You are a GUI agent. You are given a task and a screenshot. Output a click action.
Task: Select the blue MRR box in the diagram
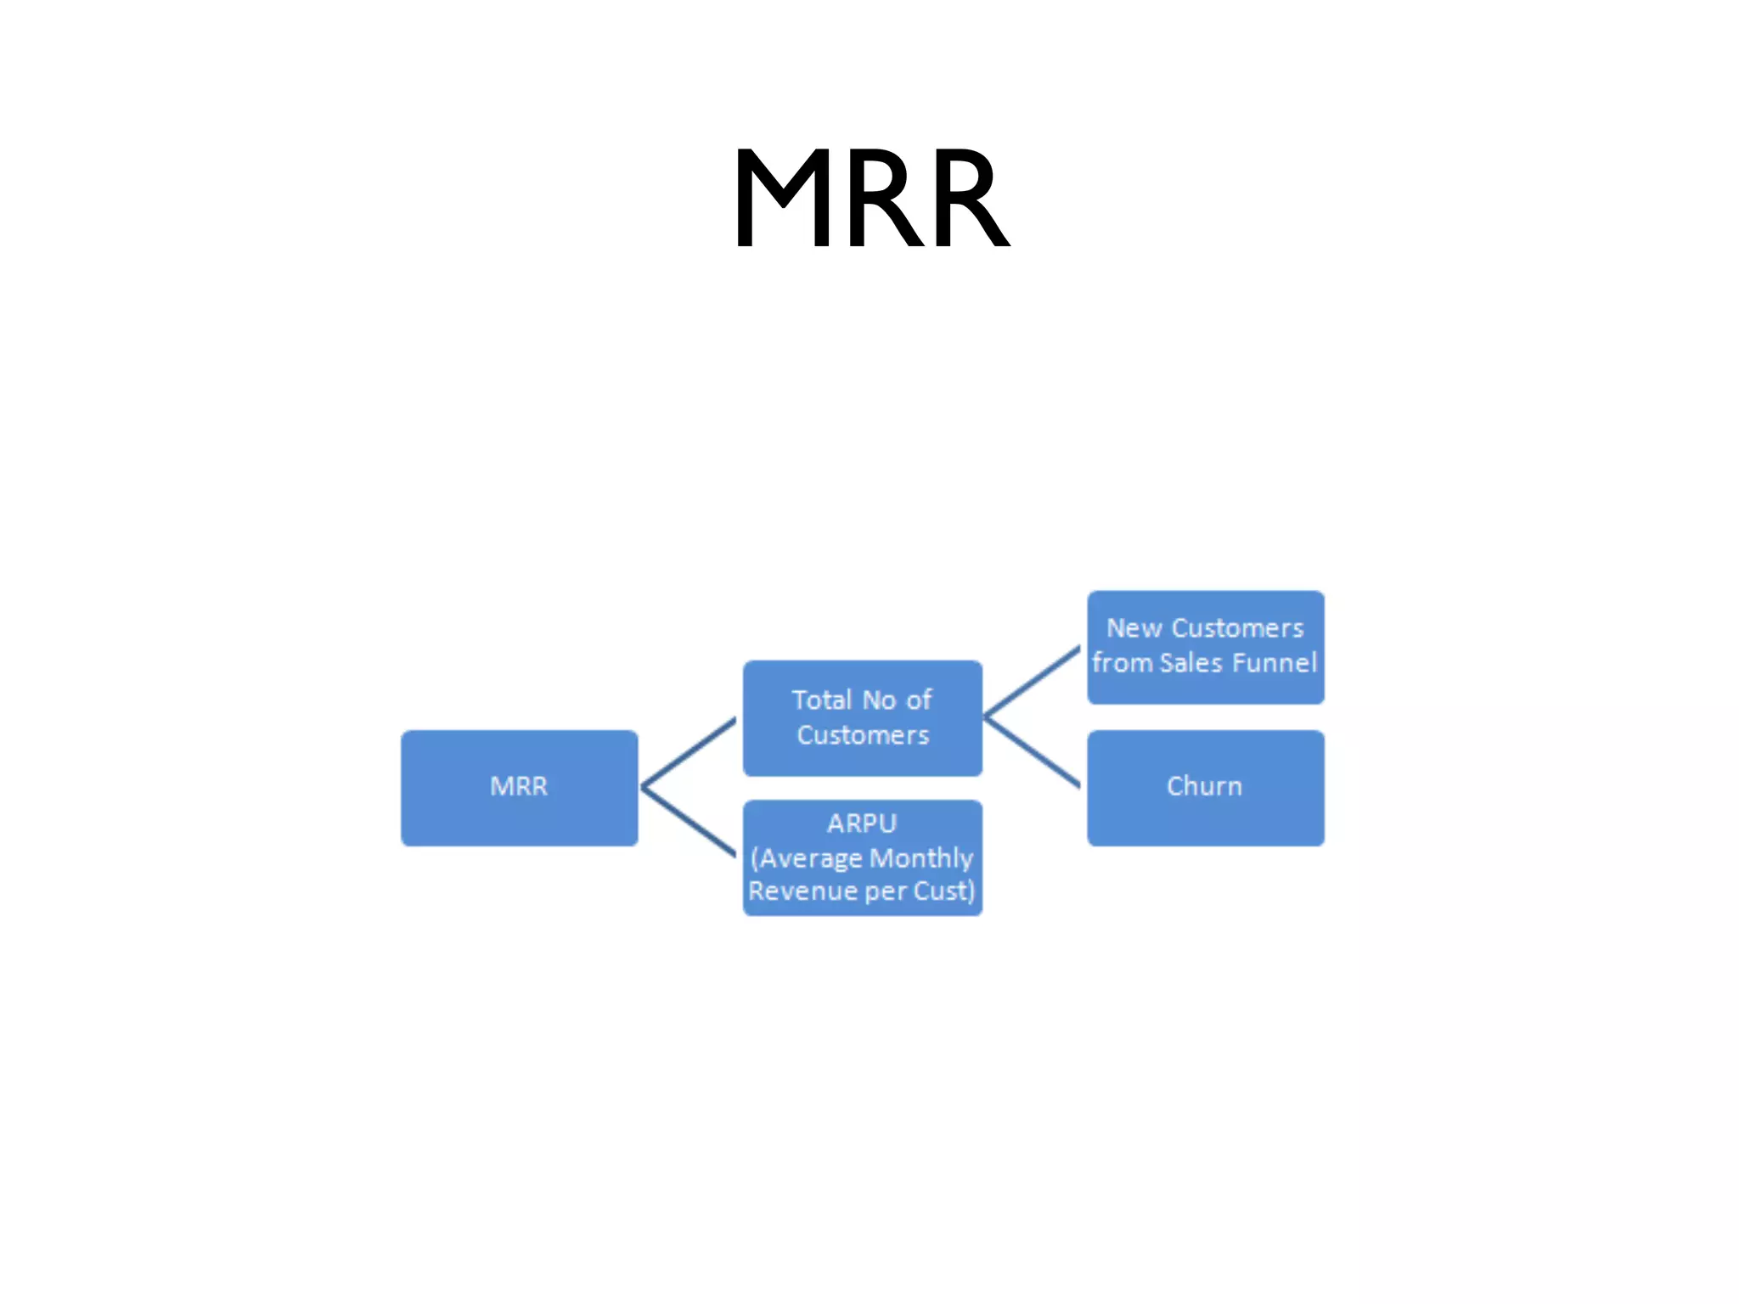pos(519,787)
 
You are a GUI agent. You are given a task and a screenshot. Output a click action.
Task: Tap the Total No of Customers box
pos(862,717)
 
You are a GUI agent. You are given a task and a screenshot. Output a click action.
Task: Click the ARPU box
pos(862,857)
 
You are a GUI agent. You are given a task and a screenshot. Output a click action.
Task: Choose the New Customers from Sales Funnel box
pos(1205,647)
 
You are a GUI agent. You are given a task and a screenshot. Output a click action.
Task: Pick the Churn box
pos(1205,787)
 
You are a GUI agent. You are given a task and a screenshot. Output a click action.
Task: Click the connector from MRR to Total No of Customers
pos(688,753)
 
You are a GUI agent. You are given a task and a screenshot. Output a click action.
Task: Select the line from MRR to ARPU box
pos(688,821)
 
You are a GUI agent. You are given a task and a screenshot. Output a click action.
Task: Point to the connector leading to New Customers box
pos(1032,682)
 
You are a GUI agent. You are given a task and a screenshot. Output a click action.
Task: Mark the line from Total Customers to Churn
pos(1032,752)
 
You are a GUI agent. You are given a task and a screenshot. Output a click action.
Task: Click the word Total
pos(821,700)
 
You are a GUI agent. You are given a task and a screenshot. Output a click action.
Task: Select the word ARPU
pos(862,823)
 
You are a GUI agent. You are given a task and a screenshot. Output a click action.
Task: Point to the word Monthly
pos(921,858)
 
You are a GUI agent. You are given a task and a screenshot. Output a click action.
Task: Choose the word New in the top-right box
pos(1134,628)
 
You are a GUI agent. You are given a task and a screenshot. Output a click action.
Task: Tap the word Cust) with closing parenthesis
pos(944,891)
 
